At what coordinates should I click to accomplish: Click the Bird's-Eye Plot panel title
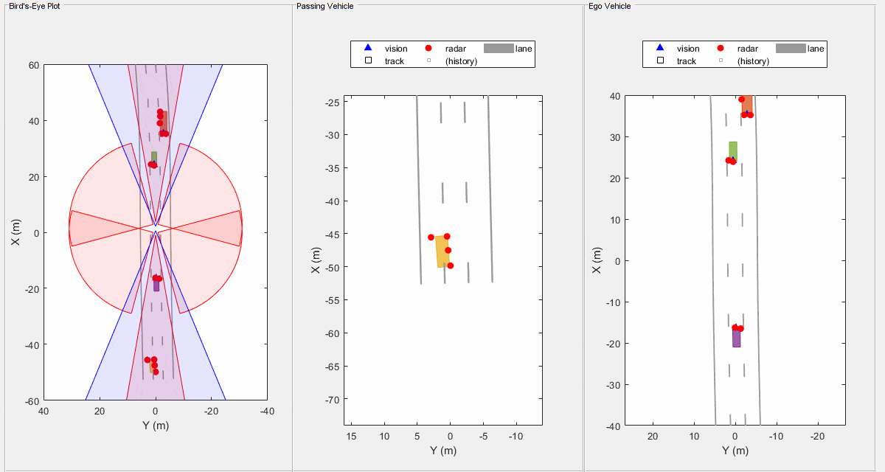click(35, 6)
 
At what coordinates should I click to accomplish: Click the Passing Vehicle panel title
click(324, 6)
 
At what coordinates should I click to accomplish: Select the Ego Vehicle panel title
click(609, 6)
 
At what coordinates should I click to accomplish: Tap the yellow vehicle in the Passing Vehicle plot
click(442, 251)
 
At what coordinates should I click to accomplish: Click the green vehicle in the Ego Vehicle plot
click(733, 150)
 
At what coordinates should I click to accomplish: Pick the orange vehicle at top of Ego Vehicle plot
click(747, 104)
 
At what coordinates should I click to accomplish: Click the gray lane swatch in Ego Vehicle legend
click(790, 49)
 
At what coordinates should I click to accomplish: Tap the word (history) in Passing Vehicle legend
click(461, 61)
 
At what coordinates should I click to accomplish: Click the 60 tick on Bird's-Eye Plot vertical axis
click(33, 65)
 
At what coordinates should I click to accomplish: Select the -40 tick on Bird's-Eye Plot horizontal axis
click(267, 412)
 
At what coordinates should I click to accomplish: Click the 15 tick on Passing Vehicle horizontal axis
click(351, 437)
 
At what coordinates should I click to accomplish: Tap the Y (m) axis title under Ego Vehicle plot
click(735, 451)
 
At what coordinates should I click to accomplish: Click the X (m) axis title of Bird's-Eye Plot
click(15, 233)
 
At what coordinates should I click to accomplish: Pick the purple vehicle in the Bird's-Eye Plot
click(156, 285)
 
